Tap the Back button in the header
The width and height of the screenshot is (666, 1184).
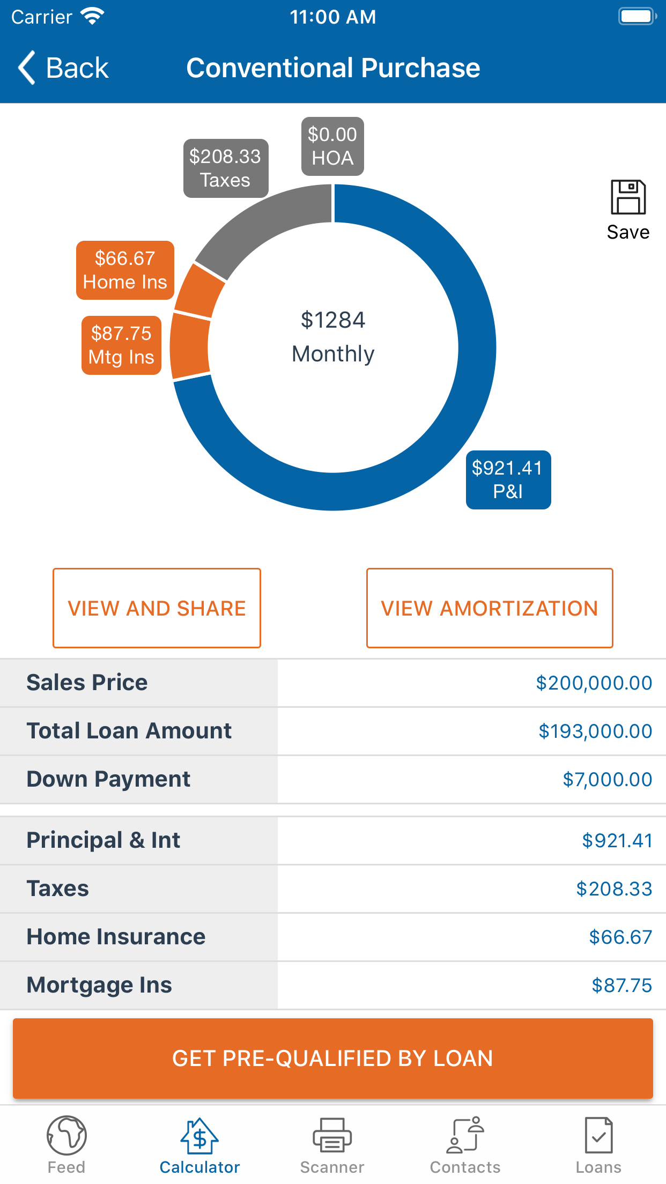[63, 68]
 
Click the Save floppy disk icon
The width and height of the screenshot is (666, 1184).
[628, 197]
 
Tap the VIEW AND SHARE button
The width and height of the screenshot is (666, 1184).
[157, 608]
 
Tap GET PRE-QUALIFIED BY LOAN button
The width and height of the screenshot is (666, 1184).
[332, 1059]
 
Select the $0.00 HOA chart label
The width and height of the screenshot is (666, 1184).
[332, 146]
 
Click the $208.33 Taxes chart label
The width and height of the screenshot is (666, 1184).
[226, 168]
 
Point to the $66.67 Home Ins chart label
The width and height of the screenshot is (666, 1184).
[125, 270]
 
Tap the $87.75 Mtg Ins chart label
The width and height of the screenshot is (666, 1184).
[121, 345]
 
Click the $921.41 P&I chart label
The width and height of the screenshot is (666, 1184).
[508, 480]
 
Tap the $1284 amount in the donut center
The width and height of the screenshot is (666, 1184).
[333, 320]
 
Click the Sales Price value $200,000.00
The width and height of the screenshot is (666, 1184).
[594, 683]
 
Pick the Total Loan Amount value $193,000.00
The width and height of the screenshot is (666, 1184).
[595, 731]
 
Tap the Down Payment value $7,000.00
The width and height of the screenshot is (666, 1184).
[607, 780]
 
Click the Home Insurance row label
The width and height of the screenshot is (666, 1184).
[116, 937]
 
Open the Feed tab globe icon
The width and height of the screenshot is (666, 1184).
[66, 1135]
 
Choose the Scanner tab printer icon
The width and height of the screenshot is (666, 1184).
[332, 1135]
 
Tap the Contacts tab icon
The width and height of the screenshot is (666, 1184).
[465, 1135]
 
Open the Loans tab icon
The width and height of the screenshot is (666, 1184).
[598, 1135]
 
